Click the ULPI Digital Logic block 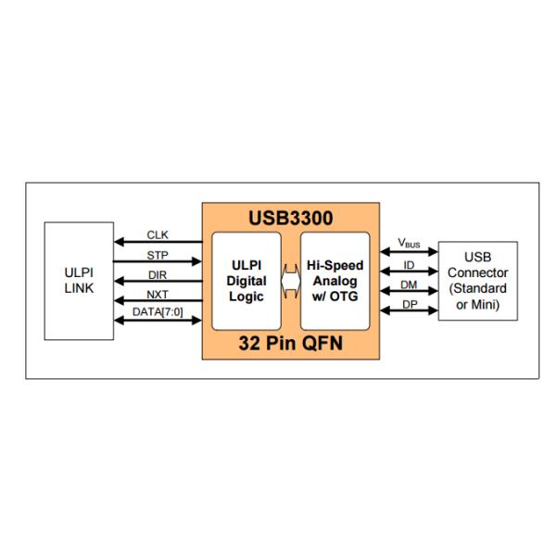[246, 281]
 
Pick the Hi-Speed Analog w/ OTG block [335, 281]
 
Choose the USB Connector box [476, 281]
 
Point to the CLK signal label [158, 234]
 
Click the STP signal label [158, 254]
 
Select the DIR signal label [158, 273]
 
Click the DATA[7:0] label [158, 312]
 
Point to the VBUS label [409, 243]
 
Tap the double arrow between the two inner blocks [291, 282]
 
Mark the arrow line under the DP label [409, 311]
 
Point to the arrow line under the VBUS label [409, 252]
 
